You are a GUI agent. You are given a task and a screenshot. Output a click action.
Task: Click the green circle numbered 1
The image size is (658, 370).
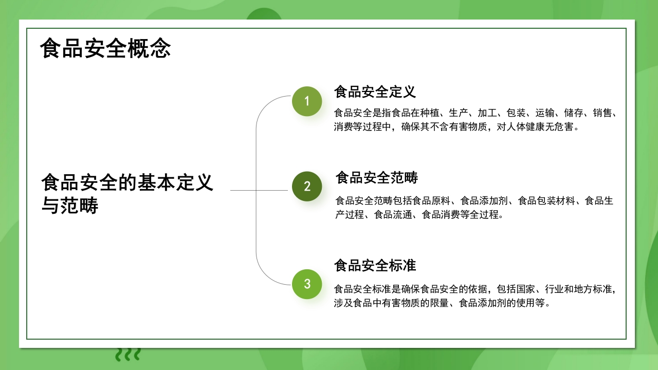[x=307, y=101]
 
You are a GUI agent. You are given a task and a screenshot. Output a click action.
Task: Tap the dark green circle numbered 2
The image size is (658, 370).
[x=307, y=186]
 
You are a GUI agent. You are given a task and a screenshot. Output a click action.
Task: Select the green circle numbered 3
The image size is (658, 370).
[x=307, y=284]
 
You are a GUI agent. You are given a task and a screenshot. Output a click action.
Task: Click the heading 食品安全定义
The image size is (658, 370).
[x=375, y=92]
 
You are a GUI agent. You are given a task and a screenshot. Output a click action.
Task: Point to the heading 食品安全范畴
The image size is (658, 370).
[x=377, y=178]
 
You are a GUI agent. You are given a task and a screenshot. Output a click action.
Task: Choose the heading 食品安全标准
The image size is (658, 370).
[x=375, y=266]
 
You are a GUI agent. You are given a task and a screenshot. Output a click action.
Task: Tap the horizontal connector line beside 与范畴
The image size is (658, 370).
[x=257, y=190]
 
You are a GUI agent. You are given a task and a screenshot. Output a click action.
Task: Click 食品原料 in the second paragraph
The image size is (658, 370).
[x=431, y=200]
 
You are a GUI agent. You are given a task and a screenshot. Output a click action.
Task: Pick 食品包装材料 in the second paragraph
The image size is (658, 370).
[x=546, y=200]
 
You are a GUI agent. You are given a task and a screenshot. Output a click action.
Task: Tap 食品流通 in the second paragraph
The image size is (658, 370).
[x=393, y=214]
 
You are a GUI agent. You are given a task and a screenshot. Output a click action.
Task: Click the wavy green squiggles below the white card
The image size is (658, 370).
[x=127, y=354]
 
